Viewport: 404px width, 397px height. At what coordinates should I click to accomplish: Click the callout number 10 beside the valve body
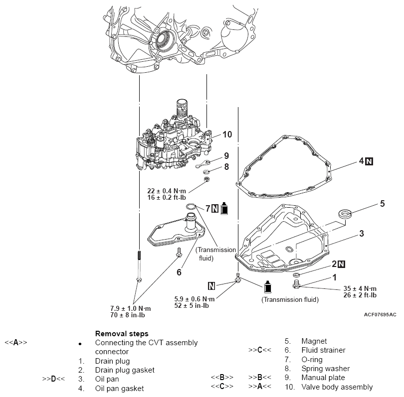[x=227, y=134]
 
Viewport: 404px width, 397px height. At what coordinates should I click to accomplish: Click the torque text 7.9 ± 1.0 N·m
[x=131, y=308]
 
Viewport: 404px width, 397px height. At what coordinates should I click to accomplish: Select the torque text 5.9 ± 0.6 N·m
[x=195, y=299]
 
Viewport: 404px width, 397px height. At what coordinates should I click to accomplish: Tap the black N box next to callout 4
[x=369, y=161]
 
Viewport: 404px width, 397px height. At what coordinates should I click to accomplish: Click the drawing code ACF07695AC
[x=380, y=314]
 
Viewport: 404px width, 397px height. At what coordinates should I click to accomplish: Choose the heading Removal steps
[x=122, y=333]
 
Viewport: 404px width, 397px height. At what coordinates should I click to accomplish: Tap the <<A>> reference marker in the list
[x=16, y=343]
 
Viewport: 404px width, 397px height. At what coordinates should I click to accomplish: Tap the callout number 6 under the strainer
[x=179, y=271]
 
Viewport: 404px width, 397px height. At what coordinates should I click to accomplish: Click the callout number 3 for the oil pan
[x=362, y=233]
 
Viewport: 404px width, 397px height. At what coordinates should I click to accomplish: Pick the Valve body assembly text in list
[x=337, y=387]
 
